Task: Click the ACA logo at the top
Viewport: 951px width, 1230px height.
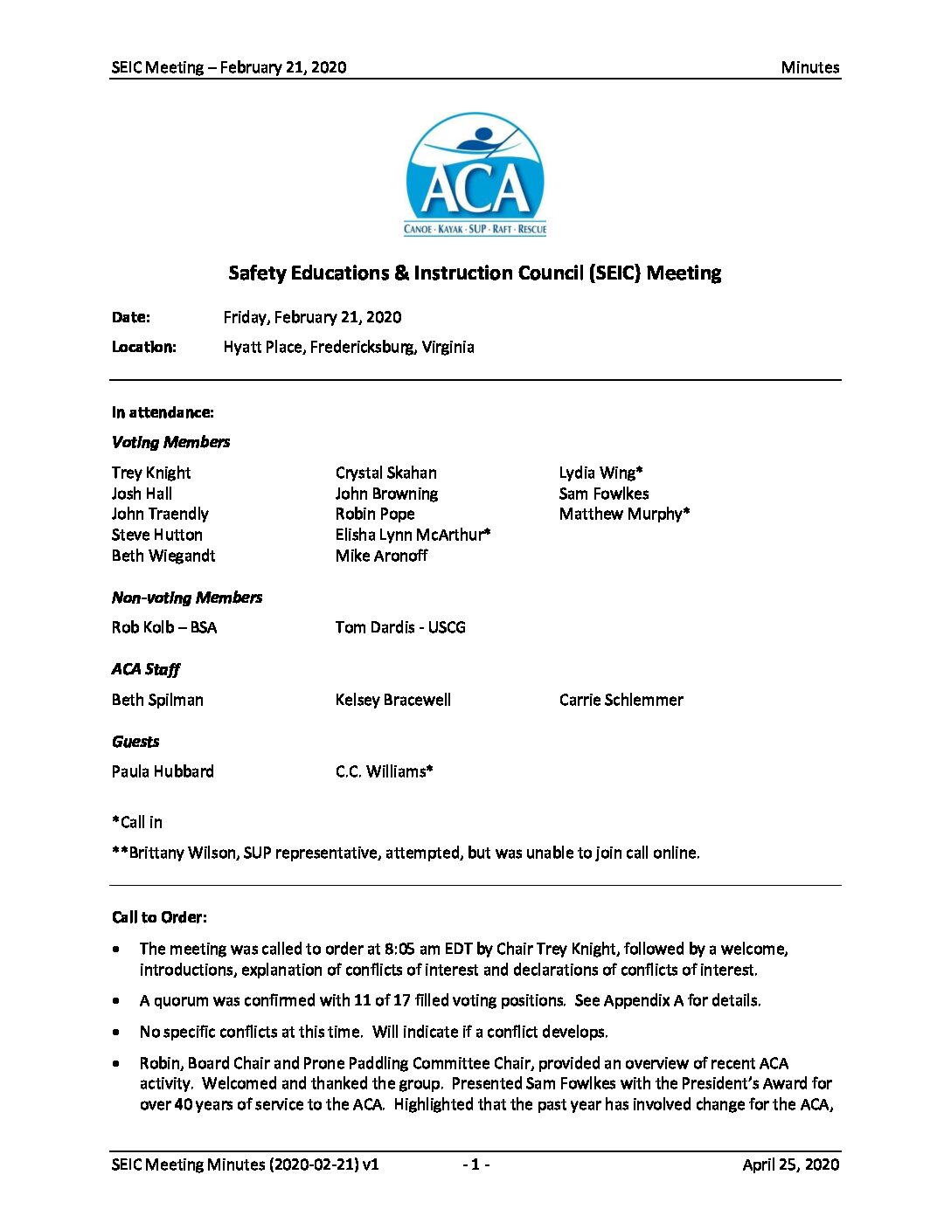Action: tap(475, 175)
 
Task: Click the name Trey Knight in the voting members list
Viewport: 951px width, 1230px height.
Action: tap(151, 473)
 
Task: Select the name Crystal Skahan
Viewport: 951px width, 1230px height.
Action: tap(385, 473)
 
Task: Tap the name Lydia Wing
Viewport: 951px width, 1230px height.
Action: tap(600, 473)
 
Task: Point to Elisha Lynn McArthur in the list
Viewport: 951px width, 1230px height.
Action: tap(413, 535)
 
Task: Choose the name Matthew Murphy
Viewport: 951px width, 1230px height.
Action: tap(624, 514)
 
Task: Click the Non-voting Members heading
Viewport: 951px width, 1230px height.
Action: tap(187, 598)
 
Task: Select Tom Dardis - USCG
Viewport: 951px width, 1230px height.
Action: tap(400, 627)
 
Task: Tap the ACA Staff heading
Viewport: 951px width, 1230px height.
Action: tap(145, 669)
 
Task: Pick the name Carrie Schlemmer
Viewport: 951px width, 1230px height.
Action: tap(621, 700)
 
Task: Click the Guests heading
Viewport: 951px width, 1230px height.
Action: tap(135, 742)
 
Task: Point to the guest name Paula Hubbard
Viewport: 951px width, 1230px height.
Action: tap(163, 771)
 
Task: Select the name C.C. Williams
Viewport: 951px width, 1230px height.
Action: tap(384, 771)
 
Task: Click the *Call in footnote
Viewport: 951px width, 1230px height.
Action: tap(137, 822)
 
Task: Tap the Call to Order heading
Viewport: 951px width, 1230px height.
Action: tap(159, 917)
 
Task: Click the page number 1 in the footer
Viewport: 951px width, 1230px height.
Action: tap(475, 1164)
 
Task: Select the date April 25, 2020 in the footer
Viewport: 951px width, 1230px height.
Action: tap(790, 1164)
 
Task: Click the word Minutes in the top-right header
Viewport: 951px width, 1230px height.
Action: tap(809, 67)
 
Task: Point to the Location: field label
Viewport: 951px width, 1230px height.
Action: tap(143, 347)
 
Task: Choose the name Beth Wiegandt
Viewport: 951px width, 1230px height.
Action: tap(163, 556)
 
